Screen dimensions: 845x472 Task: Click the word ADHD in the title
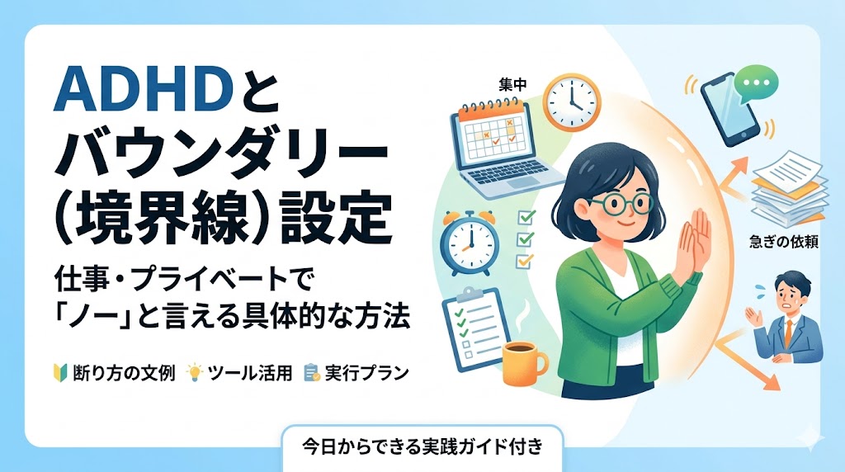144,91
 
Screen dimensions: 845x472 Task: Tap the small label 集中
513,85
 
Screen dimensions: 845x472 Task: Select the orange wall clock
571,101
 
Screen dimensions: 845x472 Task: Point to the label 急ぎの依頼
784,242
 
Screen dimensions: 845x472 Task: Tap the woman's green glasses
621,204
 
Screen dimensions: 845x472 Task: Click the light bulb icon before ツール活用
194,372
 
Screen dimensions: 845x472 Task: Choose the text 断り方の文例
124,373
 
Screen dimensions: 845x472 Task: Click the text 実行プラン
367,373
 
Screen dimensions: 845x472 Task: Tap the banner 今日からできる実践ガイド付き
422,446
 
